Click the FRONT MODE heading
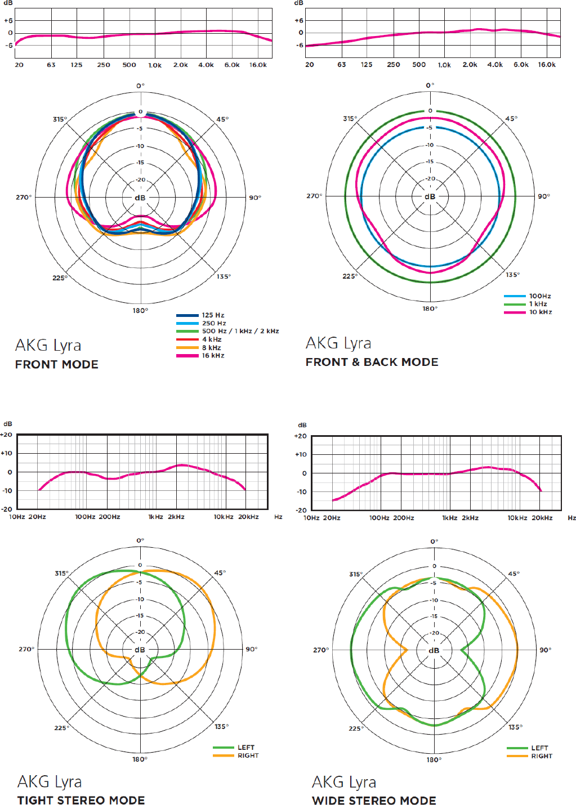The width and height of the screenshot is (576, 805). click(57, 364)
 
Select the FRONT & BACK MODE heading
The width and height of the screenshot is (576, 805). click(372, 362)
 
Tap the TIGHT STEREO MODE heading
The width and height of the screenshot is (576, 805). click(81, 800)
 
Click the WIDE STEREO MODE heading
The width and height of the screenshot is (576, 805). click(374, 800)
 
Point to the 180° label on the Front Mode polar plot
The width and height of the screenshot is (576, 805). click(140, 310)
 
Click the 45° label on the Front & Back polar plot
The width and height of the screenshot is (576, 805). click(511, 119)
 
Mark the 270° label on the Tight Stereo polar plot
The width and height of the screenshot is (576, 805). click(26, 649)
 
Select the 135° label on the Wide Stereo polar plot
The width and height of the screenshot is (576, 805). click(515, 727)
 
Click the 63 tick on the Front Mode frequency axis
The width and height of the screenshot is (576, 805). click(51, 65)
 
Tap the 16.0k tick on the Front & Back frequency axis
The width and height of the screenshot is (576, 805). click(547, 65)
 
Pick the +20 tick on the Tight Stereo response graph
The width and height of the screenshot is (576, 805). click(6, 435)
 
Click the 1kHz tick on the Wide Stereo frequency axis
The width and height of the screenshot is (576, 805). click(449, 518)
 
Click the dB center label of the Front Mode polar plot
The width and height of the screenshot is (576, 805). click(140, 198)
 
